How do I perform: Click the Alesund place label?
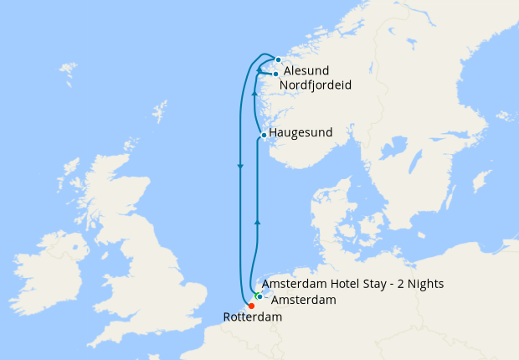pyautogui.click(x=307, y=71)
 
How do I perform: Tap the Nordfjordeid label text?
pyautogui.click(x=315, y=85)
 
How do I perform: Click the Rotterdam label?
pyautogui.click(x=253, y=317)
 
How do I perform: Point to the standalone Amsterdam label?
pyautogui.click(x=305, y=300)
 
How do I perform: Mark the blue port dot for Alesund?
pyautogui.click(x=278, y=59)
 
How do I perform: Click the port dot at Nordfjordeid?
pyautogui.click(x=275, y=75)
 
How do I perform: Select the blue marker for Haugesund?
pyautogui.click(x=264, y=135)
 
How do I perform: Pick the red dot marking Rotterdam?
pyautogui.click(x=251, y=306)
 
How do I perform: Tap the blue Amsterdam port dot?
pyautogui.click(x=259, y=296)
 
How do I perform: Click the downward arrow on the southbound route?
pyautogui.click(x=240, y=167)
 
